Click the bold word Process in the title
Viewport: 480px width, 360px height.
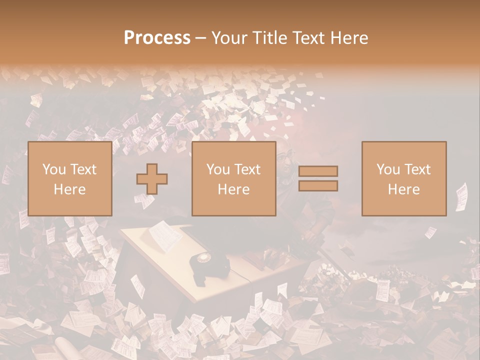(x=157, y=38)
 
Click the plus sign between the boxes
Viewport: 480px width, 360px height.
(x=152, y=179)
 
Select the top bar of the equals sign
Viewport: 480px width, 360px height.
(x=318, y=171)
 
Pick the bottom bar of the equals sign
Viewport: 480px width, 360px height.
(x=318, y=186)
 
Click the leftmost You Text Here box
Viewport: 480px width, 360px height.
(x=69, y=178)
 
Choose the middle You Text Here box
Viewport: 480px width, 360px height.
(x=233, y=178)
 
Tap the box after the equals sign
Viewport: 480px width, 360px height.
(x=403, y=178)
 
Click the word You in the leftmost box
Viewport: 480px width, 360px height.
(x=53, y=169)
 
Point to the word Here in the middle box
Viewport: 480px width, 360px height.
(x=233, y=189)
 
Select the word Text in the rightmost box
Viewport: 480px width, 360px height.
(x=418, y=169)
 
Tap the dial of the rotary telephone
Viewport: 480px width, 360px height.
(x=204, y=258)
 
